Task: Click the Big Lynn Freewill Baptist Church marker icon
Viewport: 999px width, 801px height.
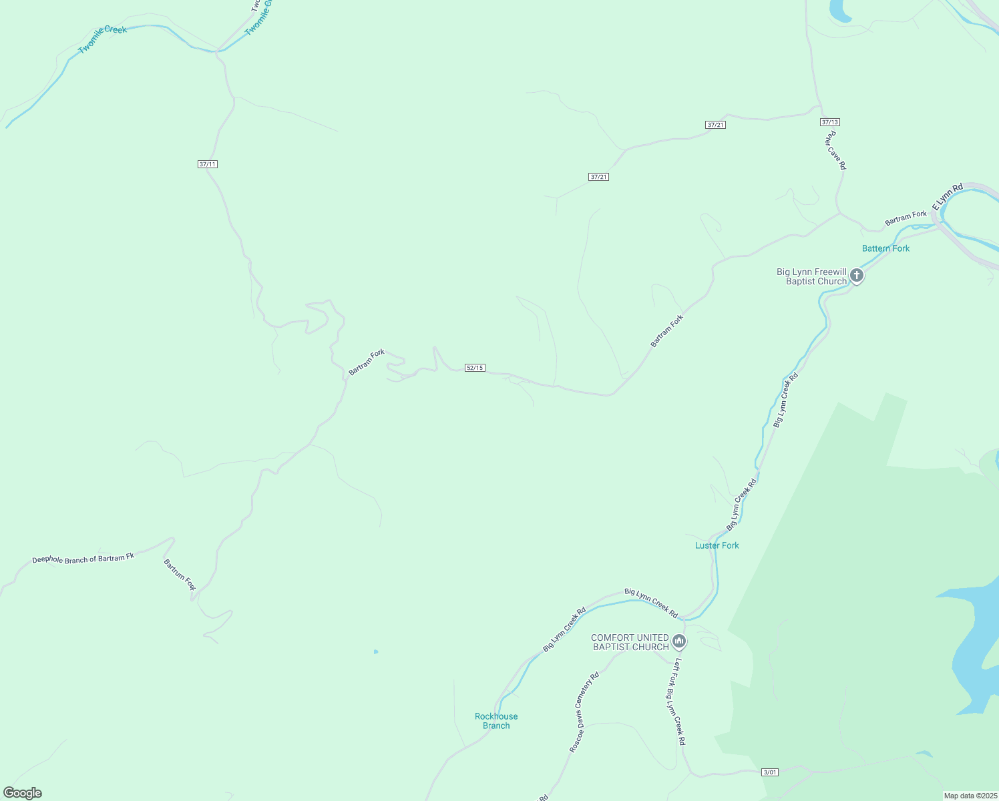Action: tap(857, 276)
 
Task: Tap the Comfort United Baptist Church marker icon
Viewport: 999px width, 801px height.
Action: tap(679, 641)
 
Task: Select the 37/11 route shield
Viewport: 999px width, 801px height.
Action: tap(208, 164)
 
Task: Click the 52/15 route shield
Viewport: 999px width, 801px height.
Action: tap(475, 368)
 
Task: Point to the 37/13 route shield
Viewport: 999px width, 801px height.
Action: tap(830, 122)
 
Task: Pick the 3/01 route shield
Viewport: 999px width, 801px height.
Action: tap(770, 772)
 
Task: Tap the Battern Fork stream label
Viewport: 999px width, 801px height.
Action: tap(885, 248)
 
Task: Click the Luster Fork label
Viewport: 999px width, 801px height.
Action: tap(717, 545)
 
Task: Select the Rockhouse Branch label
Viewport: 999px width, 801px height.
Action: tap(496, 721)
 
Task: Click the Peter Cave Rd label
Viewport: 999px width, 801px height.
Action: tap(835, 150)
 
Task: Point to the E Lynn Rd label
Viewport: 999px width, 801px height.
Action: tap(948, 197)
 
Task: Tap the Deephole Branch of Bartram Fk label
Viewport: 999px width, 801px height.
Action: tap(83, 558)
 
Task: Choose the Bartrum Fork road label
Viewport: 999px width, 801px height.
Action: tap(180, 575)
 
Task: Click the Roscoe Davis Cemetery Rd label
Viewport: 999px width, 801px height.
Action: tap(584, 712)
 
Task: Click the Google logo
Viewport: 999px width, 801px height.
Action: tap(23, 793)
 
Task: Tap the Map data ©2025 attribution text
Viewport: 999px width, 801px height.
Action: tap(970, 796)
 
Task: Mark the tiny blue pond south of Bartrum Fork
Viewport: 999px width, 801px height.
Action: tap(376, 651)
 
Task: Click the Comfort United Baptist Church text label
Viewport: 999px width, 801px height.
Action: tap(630, 642)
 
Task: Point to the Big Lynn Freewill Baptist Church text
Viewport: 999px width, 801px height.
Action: tap(811, 276)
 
